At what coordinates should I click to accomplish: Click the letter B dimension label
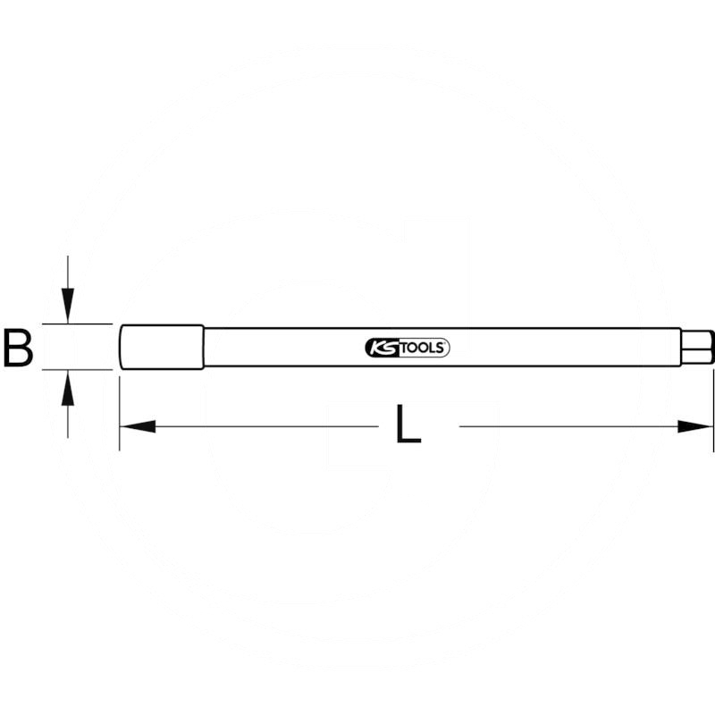click(18, 348)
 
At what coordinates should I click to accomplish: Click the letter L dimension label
click(408, 426)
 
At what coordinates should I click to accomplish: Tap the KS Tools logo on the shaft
click(408, 349)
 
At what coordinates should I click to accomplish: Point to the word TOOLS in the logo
click(420, 349)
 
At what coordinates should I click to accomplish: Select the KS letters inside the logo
click(379, 349)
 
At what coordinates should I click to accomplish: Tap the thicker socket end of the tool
click(162, 347)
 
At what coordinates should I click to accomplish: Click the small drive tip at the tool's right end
click(697, 347)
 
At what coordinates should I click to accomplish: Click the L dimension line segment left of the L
click(268, 426)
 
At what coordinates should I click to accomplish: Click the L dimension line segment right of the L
click(572, 426)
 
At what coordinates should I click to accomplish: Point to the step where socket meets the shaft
click(204, 347)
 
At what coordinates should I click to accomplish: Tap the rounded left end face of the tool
click(121, 347)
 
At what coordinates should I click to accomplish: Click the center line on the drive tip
click(697, 347)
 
